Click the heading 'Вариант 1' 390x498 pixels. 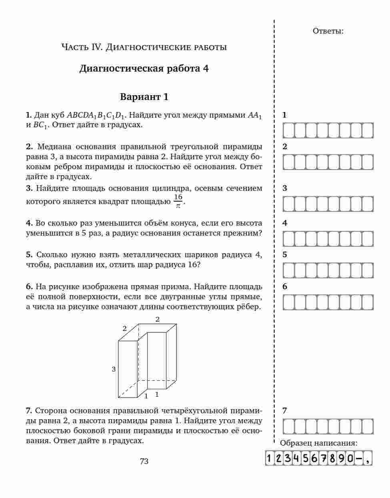pyautogui.click(x=144, y=97)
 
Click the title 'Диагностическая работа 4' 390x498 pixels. pyautogui.click(x=144, y=68)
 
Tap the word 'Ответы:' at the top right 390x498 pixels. pyautogui.click(x=328, y=31)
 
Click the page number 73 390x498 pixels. pyautogui.click(x=144, y=461)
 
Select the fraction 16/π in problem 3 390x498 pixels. pyautogui.click(x=178, y=201)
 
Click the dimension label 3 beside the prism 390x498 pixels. pyautogui.click(x=114, y=369)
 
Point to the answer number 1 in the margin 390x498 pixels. pyautogui.click(x=284, y=115)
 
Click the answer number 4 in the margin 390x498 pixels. pyautogui.click(x=284, y=223)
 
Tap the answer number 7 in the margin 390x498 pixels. pyautogui.click(x=284, y=410)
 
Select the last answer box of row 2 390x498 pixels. pyautogui.click(x=367, y=162)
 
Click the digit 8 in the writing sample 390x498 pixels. pyautogui.click(x=332, y=458)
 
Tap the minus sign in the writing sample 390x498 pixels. pyautogui.click(x=358, y=458)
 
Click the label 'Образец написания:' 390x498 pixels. pyautogui.click(x=319, y=443)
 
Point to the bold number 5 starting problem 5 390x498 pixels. pyautogui.click(x=29, y=255)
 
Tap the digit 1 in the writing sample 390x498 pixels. pyautogui.click(x=270, y=458)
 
